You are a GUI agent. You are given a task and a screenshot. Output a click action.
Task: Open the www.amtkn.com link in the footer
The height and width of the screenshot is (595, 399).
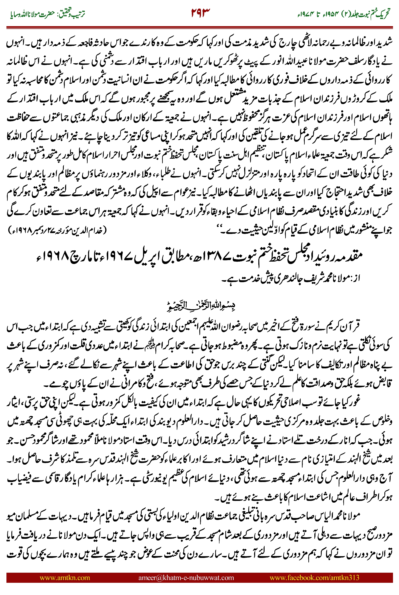click(65, 577)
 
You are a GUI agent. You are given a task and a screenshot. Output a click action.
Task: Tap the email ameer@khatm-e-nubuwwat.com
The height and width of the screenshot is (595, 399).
click(186, 577)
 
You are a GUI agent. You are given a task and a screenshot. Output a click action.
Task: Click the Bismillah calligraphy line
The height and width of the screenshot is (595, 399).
click(201, 305)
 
